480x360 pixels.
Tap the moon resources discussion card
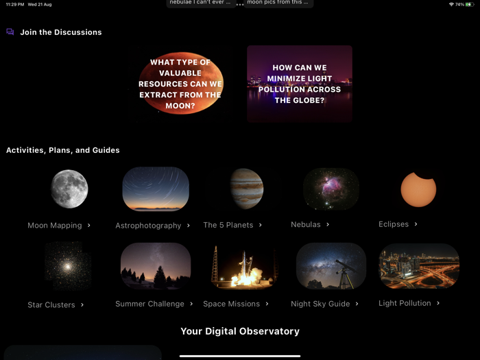(180, 84)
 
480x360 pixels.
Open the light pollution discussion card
(299, 84)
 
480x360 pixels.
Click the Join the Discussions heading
(60, 32)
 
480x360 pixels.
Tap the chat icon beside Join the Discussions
(10, 32)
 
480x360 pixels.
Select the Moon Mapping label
(55, 225)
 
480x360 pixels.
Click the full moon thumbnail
(69, 189)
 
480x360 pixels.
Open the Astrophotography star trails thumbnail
(156, 189)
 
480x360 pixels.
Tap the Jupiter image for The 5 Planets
(246, 189)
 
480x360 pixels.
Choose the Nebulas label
(306, 224)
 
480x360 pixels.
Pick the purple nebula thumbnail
(331, 189)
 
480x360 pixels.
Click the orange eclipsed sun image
(418, 189)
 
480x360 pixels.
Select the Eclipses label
(394, 224)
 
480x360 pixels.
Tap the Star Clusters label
(51, 304)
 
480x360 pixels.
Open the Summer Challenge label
(149, 304)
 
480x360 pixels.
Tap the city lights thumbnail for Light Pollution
(418, 266)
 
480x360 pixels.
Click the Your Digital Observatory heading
(240, 331)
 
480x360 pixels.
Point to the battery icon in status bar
(469, 4)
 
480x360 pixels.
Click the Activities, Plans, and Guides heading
(63, 150)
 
